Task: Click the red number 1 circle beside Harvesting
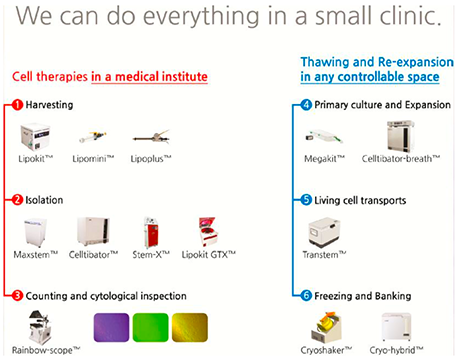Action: [x=17, y=105]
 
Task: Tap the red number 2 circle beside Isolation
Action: [x=17, y=200]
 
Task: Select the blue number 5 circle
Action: [x=306, y=200]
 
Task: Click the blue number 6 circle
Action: [x=306, y=296]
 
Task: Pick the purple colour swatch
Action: [x=111, y=327]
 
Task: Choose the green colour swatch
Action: [x=151, y=327]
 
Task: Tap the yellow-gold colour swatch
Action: [x=190, y=327]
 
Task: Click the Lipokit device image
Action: [x=35, y=137]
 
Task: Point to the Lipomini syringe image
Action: [x=93, y=136]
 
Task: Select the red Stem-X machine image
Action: [x=151, y=232]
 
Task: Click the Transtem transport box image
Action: [x=324, y=232]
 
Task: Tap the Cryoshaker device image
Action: [x=327, y=327]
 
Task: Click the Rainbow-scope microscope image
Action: [x=40, y=327]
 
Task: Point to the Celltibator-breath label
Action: [x=401, y=159]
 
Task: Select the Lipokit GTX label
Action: [x=209, y=255]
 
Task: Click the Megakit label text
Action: [x=324, y=159]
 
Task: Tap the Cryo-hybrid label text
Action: [x=396, y=350]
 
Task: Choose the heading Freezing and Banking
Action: [x=363, y=296]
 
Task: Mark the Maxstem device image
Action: [x=35, y=232]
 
